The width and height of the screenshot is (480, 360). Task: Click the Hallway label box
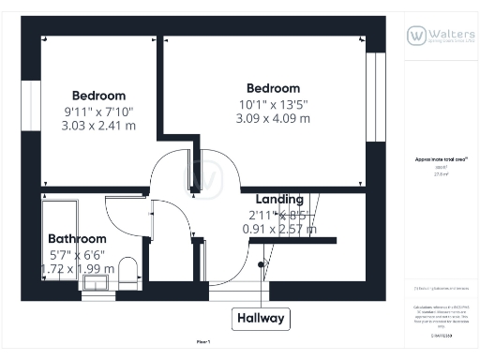coord(261,318)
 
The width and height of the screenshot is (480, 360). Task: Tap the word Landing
coord(279,199)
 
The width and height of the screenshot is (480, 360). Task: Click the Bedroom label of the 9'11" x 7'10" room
coord(98,96)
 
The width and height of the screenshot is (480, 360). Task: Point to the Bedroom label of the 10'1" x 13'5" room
coord(274,88)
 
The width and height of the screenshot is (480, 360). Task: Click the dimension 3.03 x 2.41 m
coord(98,126)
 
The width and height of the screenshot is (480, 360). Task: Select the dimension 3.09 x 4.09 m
coord(274,118)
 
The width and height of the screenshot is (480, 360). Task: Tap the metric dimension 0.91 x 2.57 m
coord(279,229)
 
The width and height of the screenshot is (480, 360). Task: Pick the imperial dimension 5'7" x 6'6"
coord(77,254)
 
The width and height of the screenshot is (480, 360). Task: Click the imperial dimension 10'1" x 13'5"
coord(274,103)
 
